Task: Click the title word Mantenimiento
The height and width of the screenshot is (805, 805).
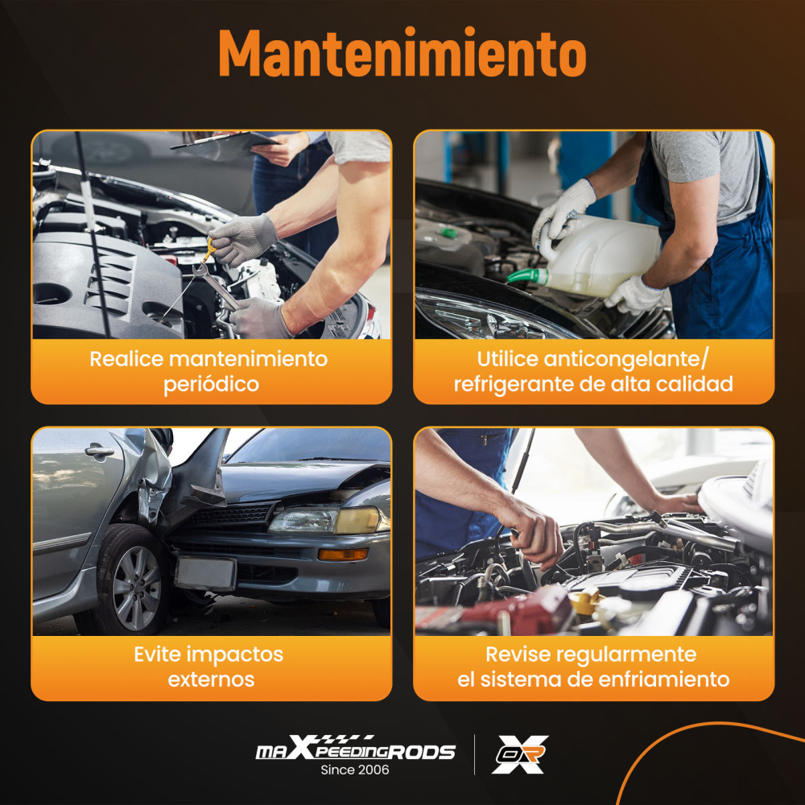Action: tap(402, 53)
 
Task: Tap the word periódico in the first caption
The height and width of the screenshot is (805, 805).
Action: tap(211, 385)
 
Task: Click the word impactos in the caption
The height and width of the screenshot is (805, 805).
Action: tap(235, 655)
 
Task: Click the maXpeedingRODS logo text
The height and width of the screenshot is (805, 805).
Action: tap(355, 748)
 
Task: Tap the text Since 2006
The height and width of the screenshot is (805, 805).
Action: tap(355, 770)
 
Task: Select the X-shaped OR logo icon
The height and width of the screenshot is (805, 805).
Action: tap(519, 754)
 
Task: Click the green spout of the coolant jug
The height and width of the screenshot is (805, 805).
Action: tap(527, 276)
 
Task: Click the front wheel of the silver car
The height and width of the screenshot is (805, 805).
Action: tap(133, 580)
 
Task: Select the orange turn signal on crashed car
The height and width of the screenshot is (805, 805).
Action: tap(343, 555)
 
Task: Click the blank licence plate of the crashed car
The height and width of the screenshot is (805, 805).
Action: tap(205, 573)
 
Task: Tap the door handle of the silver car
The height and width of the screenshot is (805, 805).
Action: tap(99, 452)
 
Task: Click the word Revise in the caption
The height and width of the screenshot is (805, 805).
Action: tap(518, 654)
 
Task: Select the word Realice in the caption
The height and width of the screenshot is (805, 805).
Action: tap(126, 359)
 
